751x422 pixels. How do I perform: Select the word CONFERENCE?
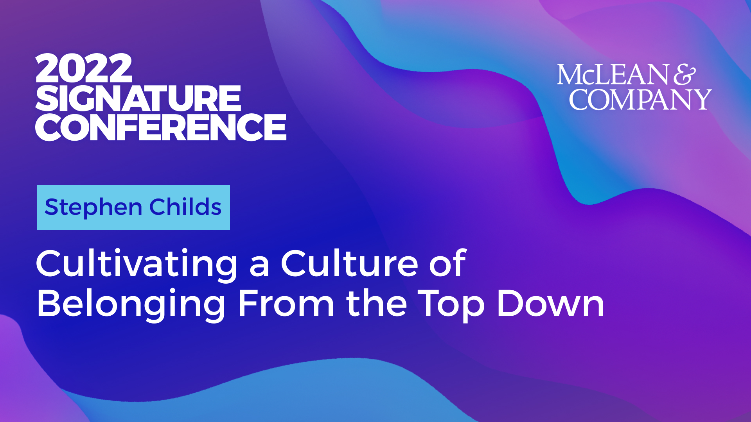pos(161,127)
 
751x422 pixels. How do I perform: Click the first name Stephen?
pos(93,207)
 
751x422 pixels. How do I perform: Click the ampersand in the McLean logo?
pos(685,75)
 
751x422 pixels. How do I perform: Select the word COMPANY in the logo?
pos(640,99)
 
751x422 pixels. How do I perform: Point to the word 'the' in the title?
pos(376,303)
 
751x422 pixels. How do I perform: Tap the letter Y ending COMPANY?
pos(700,100)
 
